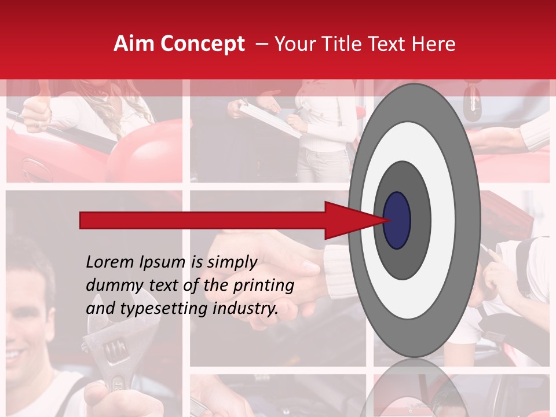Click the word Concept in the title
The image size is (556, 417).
[202, 44]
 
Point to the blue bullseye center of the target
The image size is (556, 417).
[397, 220]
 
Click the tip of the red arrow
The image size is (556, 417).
[385, 220]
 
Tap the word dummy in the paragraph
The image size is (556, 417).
[109, 286]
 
